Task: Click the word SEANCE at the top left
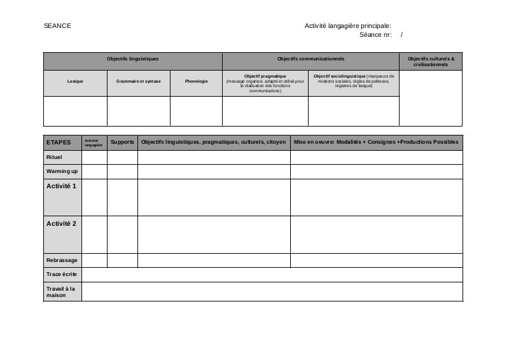click(x=57, y=25)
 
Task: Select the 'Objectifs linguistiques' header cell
click(x=132, y=59)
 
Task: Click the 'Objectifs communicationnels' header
click(x=310, y=59)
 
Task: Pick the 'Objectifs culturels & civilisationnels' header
click(x=431, y=61)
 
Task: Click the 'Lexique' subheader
click(x=75, y=81)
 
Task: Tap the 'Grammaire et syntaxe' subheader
click(x=139, y=81)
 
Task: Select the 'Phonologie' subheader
click(x=196, y=81)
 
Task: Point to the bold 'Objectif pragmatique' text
click(x=265, y=76)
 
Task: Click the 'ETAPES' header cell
click(x=59, y=142)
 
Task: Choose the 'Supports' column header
click(x=122, y=142)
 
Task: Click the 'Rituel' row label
click(x=54, y=156)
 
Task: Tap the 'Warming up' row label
click(x=62, y=172)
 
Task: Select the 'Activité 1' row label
click(x=61, y=186)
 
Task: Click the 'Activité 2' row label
click(x=61, y=224)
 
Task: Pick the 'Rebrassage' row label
click(x=62, y=260)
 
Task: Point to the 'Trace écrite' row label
click(x=61, y=274)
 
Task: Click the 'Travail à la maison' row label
click(x=60, y=291)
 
